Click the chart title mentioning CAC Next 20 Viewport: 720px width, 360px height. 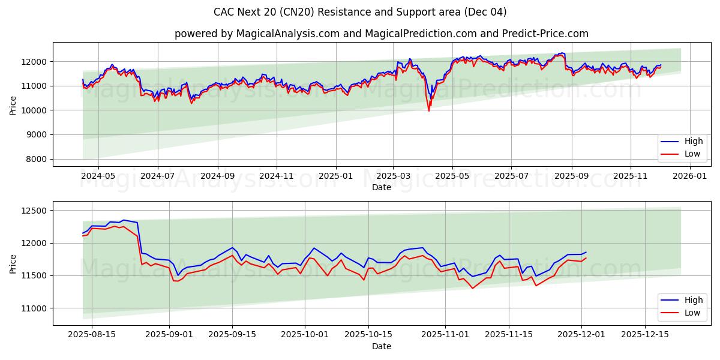pos(360,12)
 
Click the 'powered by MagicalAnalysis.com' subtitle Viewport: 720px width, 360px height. pos(381,34)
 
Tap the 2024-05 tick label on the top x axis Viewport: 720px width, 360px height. pos(98,177)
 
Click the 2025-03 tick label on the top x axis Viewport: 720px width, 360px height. pos(394,177)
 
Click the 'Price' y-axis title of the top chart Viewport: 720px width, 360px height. pos(13,105)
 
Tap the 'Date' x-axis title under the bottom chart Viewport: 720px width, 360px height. pos(381,347)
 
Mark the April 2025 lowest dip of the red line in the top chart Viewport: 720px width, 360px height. pos(428,111)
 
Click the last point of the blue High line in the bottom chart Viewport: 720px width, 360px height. pos(586,252)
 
